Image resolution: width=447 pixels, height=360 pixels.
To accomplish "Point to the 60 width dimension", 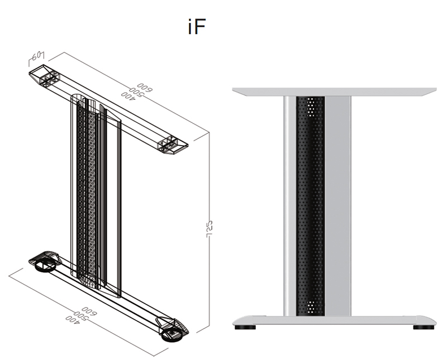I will pyautogui.click(x=37, y=56).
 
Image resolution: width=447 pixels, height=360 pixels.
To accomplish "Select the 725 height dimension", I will pyautogui.click(x=211, y=230).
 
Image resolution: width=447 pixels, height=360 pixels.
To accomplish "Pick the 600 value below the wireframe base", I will pyautogui.click(x=89, y=310).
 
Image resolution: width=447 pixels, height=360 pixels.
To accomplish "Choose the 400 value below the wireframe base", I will pyautogui.click(x=73, y=319).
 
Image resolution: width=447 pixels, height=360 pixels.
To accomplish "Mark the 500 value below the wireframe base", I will pyautogui.click(x=81, y=315).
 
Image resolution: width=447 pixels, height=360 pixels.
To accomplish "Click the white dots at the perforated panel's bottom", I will pyautogui.click(x=311, y=306).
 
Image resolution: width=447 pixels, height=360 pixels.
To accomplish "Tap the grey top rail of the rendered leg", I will pyautogui.click(x=334, y=91).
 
